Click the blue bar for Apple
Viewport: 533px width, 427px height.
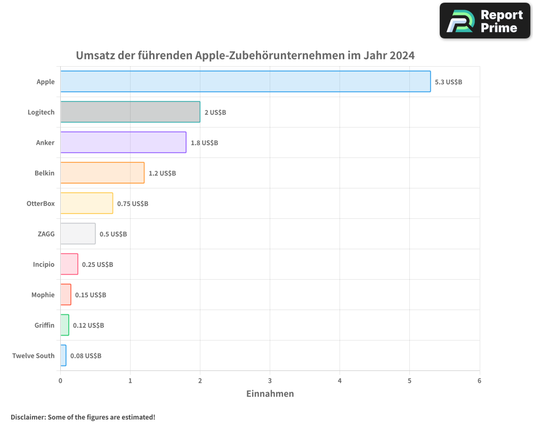(245, 82)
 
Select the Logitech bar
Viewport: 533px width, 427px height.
(130, 112)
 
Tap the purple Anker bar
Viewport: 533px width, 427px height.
(123, 143)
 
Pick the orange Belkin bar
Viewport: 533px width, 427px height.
(102, 173)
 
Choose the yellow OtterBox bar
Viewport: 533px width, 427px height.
(86, 203)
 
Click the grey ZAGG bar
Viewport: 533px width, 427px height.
(78, 234)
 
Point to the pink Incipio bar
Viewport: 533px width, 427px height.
(69, 264)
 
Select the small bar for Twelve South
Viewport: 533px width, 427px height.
(63, 355)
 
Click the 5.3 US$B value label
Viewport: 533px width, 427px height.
(448, 82)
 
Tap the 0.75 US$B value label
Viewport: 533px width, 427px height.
(133, 204)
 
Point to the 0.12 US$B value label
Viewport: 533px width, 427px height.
(88, 326)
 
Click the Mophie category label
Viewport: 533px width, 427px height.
(43, 295)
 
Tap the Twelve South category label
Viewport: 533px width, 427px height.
(33, 355)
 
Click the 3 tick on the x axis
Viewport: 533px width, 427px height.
(270, 381)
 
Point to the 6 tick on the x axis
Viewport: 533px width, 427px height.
(479, 381)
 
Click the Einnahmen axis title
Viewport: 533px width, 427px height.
(270, 394)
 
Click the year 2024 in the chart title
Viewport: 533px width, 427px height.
(401, 56)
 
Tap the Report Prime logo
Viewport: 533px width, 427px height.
(484, 21)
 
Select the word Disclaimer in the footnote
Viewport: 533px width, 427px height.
(27, 417)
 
